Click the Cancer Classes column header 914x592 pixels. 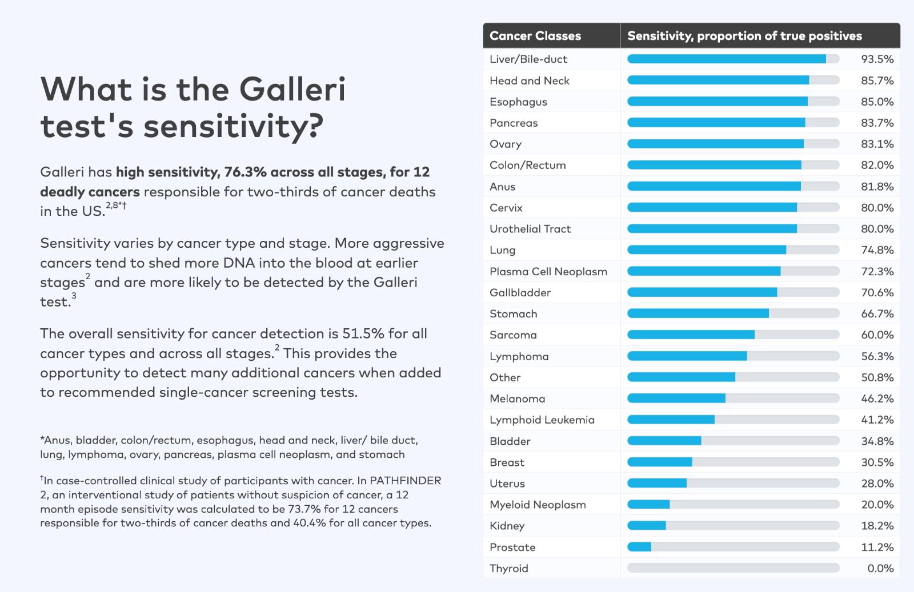535,36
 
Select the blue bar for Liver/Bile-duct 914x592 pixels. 726,59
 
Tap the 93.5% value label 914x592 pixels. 877,59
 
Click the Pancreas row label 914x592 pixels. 514,123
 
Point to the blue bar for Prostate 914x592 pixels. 639,547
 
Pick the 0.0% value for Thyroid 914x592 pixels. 880,568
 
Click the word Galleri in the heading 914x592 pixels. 292,90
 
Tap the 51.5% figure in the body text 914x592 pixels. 363,333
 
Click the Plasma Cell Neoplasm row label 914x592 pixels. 548,271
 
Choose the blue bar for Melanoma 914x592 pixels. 676,398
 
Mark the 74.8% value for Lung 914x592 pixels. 877,250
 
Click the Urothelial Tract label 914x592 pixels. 530,229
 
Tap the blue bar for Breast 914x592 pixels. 660,462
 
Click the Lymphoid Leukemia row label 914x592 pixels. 542,420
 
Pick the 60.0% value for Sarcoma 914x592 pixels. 877,335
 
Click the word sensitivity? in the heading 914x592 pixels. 233,127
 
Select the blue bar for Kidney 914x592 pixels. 647,526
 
